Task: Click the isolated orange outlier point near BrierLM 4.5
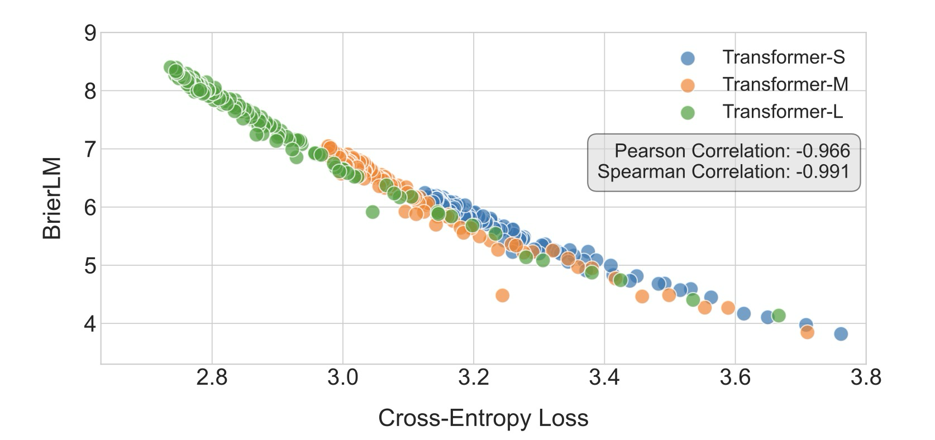point(502,295)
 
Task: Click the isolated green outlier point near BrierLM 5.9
point(373,212)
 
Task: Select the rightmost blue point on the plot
point(841,334)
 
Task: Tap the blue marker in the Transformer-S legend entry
point(688,58)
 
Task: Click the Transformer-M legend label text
point(785,84)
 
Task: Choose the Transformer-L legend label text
point(782,112)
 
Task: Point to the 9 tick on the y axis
point(90,33)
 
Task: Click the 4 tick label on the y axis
point(90,324)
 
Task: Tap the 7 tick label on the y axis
point(90,149)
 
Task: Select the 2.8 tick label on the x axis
point(212,378)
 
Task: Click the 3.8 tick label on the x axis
point(866,378)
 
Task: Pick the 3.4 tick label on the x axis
point(604,378)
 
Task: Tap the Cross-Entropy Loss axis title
point(483,418)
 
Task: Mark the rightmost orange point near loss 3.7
point(807,332)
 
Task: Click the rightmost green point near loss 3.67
point(779,315)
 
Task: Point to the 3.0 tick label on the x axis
point(342,378)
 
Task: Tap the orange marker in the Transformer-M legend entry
point(688,85)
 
